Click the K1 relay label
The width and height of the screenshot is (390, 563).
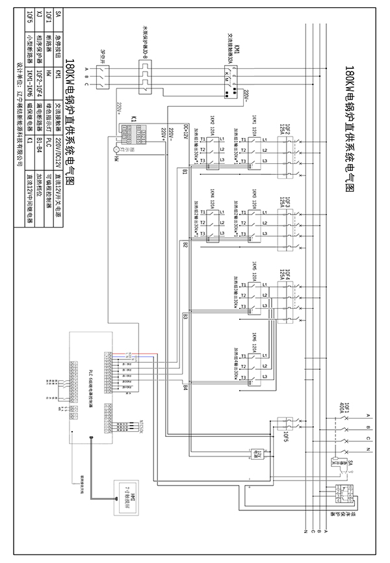133,119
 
